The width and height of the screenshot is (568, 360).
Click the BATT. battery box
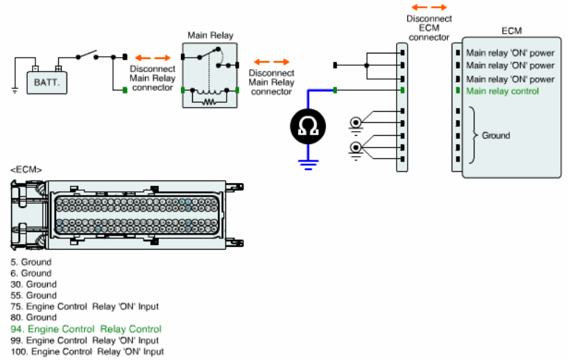pos(46,83)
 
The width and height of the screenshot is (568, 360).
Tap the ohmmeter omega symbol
pos(308,126)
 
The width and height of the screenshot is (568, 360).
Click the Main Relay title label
pos(210,35)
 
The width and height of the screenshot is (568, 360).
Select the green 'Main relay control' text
pos(502,92)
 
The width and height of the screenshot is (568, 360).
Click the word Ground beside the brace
pos(496,135)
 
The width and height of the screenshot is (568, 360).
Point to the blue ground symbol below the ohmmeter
pos(308,165)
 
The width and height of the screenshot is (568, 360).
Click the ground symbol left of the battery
pos(15,90)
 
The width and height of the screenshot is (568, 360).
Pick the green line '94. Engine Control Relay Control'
pos(86,329)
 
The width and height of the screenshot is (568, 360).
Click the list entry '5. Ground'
pos(31,262)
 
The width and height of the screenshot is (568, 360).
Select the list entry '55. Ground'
pos(34,295)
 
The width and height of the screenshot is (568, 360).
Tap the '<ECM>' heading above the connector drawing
pos(26,170)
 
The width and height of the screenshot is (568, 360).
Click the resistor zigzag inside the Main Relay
pos(209,103)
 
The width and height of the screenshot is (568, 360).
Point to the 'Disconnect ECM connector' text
pos(429,28)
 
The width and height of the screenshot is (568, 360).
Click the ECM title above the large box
pos(512,31)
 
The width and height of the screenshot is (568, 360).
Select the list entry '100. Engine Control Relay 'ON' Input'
pos(87,352)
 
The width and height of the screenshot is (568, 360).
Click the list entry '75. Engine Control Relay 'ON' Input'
pos(85,307)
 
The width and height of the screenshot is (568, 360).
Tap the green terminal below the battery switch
pos(125,90)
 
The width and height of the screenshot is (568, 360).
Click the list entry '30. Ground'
pos(34,284)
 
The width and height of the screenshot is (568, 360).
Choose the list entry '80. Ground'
pos(34,318)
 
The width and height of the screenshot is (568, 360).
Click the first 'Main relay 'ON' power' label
pos(510,53)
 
